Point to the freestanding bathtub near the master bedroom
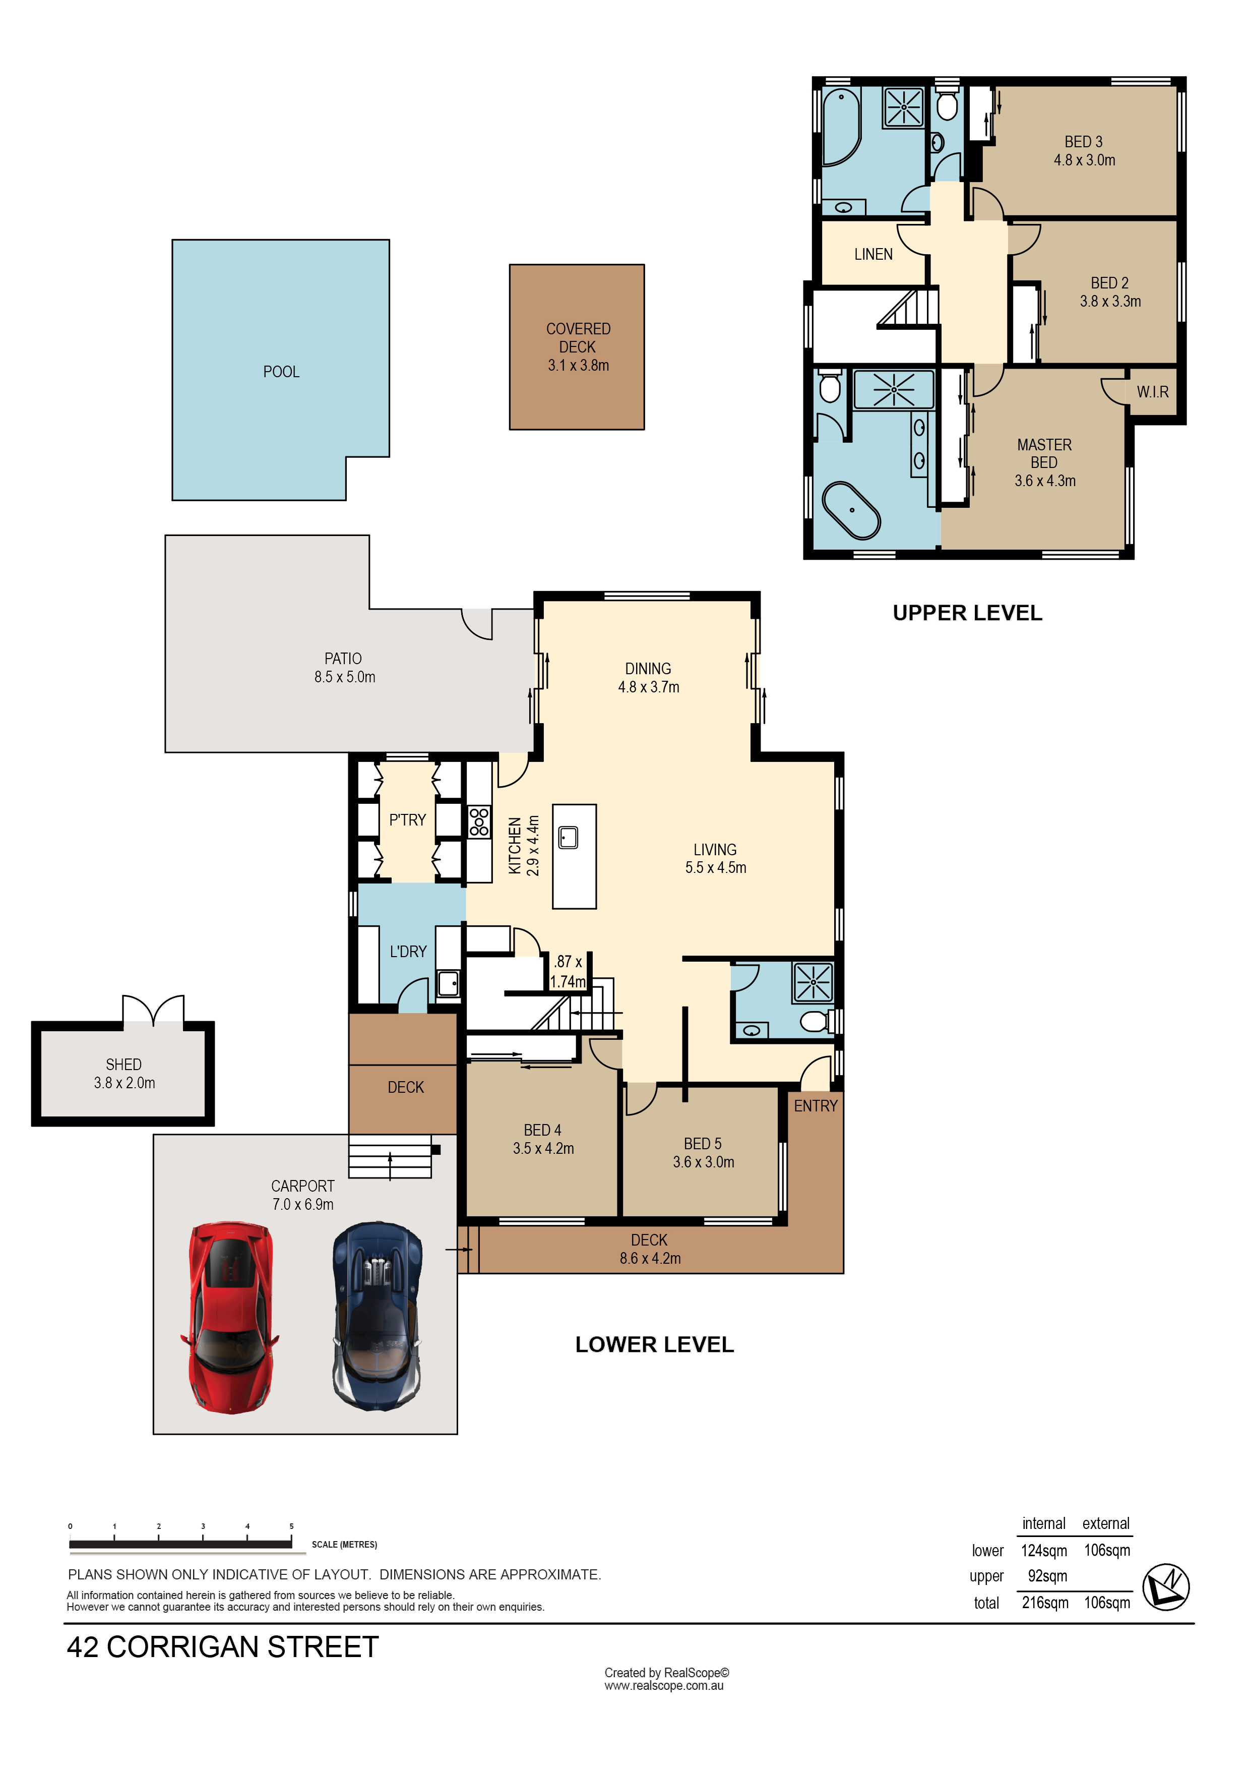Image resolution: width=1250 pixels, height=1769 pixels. [851, 510]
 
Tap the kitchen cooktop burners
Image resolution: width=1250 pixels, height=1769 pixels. [479, 821]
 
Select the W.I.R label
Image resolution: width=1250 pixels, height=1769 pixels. [1152, 392]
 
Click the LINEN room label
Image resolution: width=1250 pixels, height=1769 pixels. [873, 254]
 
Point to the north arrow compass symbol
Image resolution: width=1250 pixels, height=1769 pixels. [1165, 1587]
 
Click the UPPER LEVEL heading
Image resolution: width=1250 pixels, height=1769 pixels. [967, 613]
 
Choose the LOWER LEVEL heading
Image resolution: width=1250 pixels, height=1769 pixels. [655, 1344]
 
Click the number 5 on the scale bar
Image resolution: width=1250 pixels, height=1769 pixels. [291, 1526]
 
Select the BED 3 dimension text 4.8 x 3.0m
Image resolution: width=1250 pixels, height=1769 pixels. [1084, 160]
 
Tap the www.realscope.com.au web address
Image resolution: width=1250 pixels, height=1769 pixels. [664, 1685]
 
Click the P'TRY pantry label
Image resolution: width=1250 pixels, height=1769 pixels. [407, 820]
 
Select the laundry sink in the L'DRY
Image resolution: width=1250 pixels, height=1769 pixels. [448, 983]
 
